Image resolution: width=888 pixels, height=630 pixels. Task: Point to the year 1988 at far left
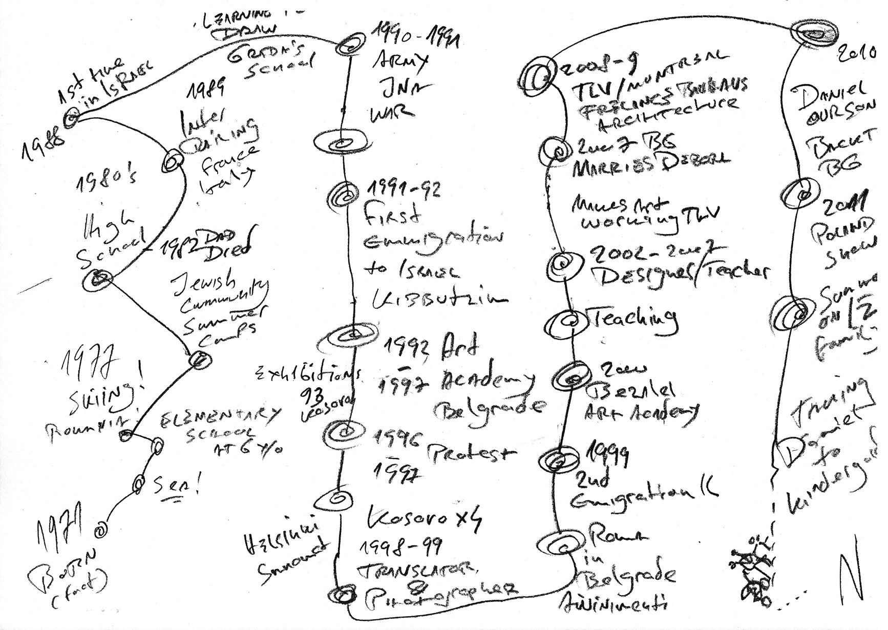tap(43, 144)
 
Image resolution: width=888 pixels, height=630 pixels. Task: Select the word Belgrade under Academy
tap(487, 407)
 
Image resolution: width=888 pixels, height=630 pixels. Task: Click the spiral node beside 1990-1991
tap(349, 46)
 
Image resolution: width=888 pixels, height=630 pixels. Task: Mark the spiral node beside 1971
tap(101, 529)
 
